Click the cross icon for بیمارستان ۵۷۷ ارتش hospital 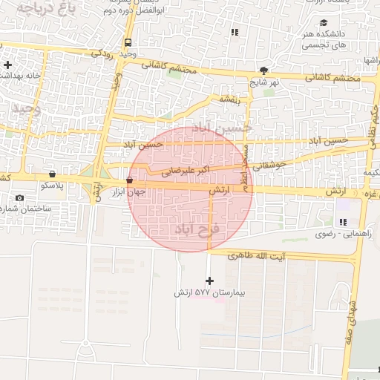coord(209,281)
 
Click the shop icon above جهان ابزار coord(130,180)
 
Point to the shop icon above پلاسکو coord(52,173)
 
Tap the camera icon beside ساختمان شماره coord(19,198)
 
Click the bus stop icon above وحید coord(128,42)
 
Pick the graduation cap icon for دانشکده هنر coord(323,23)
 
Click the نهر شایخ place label coord(264,82)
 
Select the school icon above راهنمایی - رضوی coord(342,222)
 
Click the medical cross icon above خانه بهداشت coord(7,65)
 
